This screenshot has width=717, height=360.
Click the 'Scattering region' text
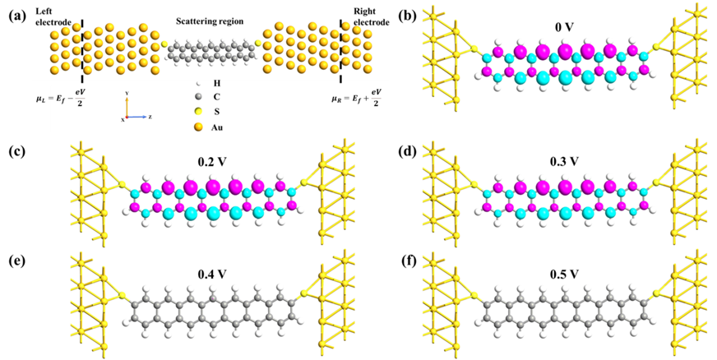tap(210, 21)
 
